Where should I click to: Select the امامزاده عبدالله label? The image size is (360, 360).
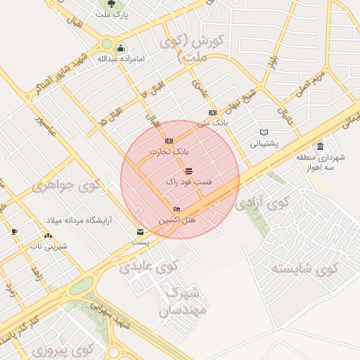tap(121, 58)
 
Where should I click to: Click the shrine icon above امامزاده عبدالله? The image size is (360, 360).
tap(121, 49)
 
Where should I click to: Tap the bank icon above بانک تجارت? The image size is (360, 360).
tap(168, 141)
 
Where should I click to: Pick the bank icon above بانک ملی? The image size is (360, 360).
tap(212, 112)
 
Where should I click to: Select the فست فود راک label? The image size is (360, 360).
tap(188, 181)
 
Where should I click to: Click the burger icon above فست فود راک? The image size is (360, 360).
tap(188, 171)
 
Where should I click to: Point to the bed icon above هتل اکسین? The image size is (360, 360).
tap(176, 210)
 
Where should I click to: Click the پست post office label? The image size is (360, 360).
tap(141, 242)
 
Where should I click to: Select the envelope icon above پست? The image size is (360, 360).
tap(141, 232)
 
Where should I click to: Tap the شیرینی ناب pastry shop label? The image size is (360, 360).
tap(48, 246)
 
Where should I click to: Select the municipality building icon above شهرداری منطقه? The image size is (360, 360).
tap(321, 146)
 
